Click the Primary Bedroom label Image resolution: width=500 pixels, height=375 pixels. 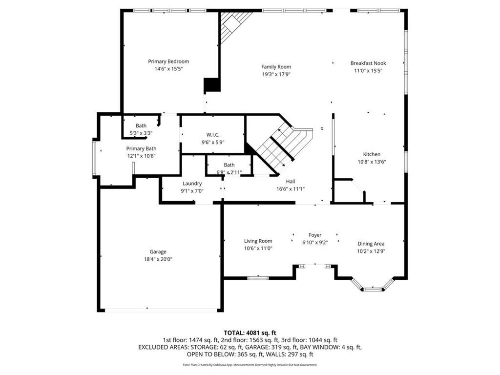[168, 62]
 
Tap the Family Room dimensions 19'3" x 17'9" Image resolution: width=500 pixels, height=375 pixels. [276, 75]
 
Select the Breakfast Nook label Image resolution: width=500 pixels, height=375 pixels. [368, 63]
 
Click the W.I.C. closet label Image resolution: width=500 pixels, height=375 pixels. [212, 135]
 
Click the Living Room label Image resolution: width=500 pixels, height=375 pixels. [258, 241]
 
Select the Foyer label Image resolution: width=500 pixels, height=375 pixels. [314, 235]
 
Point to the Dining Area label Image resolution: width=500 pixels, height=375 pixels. [371, 244]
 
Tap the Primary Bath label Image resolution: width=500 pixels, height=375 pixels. [141, 148]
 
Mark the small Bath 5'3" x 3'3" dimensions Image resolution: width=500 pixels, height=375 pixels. [141, 133]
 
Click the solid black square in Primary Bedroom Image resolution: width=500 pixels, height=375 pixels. [211, 85]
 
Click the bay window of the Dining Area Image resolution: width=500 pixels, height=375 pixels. [372, 289]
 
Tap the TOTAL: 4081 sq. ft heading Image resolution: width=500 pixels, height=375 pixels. [250, 332]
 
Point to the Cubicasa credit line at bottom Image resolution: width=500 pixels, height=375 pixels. [250, 365]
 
